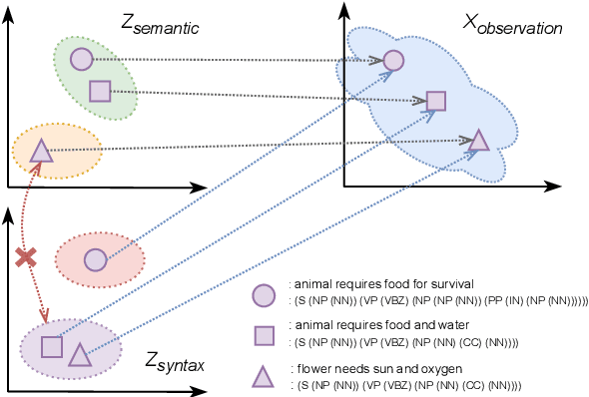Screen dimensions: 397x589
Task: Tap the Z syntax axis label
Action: click(x=174, y=362)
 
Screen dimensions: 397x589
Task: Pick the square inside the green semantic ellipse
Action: click(x=100, y=92)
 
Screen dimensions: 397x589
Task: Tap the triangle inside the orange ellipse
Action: click(x=40, y=152)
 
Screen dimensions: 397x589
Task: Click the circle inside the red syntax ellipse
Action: click(x=95, y=259)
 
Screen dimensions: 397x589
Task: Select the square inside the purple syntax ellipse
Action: click(x=52, y=346)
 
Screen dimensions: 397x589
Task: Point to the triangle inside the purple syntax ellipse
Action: click(x=79, y=351)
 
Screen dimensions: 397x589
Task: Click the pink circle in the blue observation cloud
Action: click(x=393, y=61)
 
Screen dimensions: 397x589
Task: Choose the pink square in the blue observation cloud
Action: click(x=436, y=100)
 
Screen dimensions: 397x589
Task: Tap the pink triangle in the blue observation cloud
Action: click(x=478, y=141)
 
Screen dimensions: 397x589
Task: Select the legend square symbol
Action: click(x=263, y=334)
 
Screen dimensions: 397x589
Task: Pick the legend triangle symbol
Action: click(x=263, y=375)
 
